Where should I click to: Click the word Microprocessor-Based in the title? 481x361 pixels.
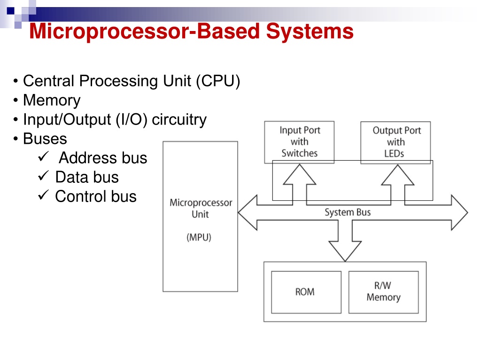click(145, 31)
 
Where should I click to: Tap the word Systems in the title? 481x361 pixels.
click(310, 31)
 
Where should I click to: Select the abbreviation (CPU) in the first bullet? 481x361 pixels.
click(218, 81)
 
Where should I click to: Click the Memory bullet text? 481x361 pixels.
click(52, 101)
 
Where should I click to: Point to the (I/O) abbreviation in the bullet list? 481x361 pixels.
click(132, 119)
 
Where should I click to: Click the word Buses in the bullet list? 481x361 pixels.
click(45, 139)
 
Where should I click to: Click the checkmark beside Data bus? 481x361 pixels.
click(43, 175)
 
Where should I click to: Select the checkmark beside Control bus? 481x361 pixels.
click(43, 195)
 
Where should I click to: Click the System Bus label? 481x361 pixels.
click(348, 212)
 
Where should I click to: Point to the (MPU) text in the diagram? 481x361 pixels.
click(199, 237)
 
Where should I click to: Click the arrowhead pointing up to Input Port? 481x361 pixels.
click(299, 174)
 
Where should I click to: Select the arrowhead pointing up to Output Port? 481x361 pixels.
click(397, 175)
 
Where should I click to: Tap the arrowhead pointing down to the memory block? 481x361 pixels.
click(345, 251)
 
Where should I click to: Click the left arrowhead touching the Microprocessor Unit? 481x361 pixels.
click(248, 212)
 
